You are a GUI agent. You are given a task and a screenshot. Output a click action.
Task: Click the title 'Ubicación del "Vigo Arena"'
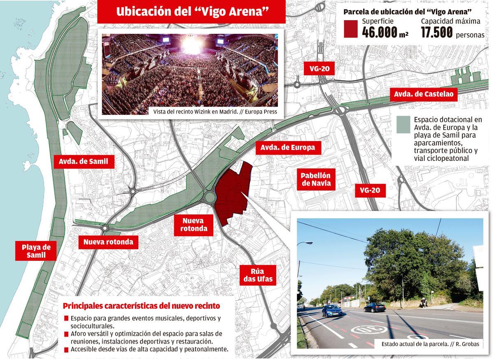click(x=191, y=12)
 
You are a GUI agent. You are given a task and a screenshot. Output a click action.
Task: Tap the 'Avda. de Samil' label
click(x=83, y=162)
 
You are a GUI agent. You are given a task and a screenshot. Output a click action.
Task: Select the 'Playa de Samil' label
click(x=36, y=251)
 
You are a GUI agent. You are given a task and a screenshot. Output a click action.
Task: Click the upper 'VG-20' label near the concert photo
click(x=319, y=69)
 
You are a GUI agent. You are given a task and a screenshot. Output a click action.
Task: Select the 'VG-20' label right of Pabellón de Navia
click(x=369, y=190)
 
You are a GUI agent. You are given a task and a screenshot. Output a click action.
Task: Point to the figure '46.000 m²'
click(x=384, y=32)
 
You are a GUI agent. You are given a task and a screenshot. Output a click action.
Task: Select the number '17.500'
click(x=437, y=32)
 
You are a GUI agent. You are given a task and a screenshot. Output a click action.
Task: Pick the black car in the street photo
click(x=374, y=307)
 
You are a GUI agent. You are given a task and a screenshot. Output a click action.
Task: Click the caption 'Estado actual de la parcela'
click(x=430, y=344)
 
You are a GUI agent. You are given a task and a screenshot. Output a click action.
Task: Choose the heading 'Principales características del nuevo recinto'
click(x=141, y=306)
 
